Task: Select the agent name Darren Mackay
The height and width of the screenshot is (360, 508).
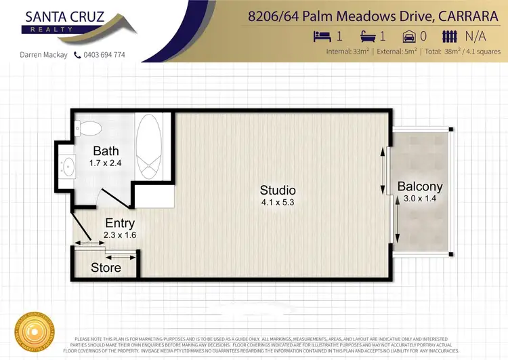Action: pyautogui.click(x=42, y=55)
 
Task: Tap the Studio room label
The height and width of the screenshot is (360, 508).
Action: pyautogui.click(x=278, y=190)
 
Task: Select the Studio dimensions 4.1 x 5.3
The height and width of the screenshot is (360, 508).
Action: pyautogui.click(x=278, y=201)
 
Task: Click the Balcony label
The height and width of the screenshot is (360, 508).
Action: pyautogui.click(x=420, y=186)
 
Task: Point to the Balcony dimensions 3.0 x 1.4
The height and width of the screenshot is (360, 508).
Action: pyautogui.click(x=420, y=199)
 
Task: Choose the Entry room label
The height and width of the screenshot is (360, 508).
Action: pyautogui.click(x=120, y=223)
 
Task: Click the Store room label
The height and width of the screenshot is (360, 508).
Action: pyautogui.click(x=106, y=267)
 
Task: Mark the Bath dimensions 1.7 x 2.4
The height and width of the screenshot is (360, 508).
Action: pyautogui.click(x=106, y=163)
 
